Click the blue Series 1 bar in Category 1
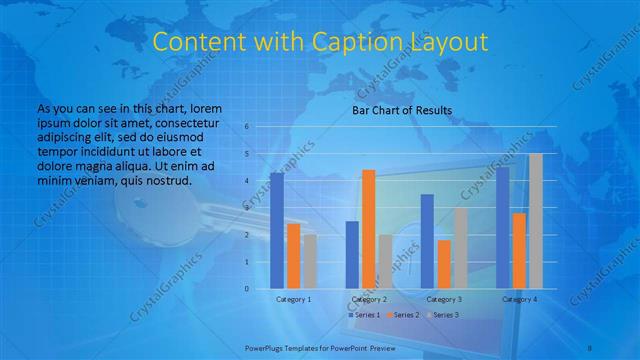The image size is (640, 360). click(277, 231)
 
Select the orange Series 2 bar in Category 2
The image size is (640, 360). click(369, 229)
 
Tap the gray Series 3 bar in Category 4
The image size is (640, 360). click(536, 221)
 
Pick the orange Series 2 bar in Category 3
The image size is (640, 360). click(444, 264)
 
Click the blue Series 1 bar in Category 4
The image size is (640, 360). click(503, 228)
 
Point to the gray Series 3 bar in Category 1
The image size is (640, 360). click(310, 262)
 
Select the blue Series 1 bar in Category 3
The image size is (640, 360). click(427, 241)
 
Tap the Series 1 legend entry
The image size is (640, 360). click(363, 315)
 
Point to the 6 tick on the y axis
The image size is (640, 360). click(246, 127)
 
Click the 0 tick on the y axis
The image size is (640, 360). click(246, 289)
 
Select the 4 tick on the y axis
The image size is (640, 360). click(246, 181)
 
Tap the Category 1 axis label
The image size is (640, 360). click(294, 299)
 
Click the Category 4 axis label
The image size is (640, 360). click(519, 299)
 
